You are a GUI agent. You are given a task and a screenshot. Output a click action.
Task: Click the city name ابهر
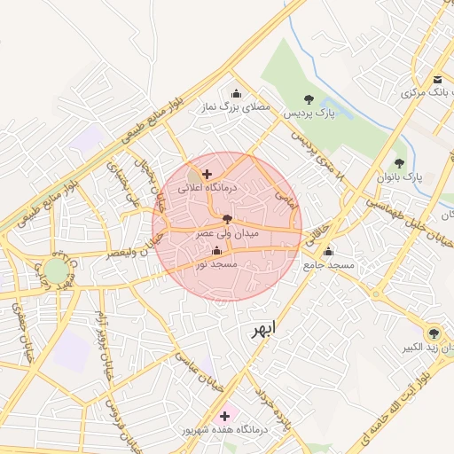pos(262,328)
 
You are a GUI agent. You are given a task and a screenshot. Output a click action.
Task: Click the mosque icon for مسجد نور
pos(217,251)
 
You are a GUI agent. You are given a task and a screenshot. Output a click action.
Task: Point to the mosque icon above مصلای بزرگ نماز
pos(236,93)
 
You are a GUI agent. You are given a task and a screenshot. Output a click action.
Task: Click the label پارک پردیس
pos(308,114)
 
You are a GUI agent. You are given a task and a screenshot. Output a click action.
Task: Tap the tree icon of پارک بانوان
pos(399,163)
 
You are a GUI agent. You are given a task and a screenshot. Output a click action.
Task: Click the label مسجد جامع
pos(328,265)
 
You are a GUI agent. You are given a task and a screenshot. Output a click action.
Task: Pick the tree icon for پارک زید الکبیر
pos(433,333)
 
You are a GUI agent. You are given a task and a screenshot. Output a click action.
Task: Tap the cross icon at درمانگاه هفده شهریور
pos(224,415)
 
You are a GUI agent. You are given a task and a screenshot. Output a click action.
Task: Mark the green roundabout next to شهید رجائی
pos(56,270)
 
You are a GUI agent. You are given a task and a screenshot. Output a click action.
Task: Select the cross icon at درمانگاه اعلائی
pos(207,174)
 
